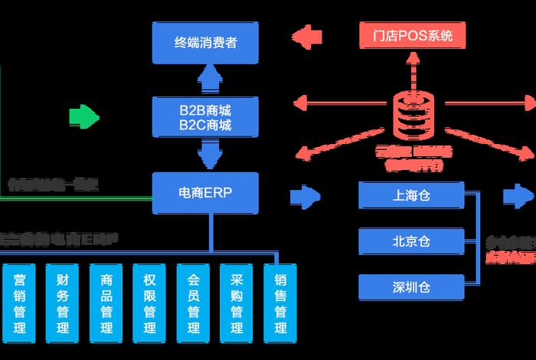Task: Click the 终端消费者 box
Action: [x=204, y=42]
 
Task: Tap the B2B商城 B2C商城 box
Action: [x=204, y=117]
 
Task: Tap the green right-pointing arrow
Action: [x=84, y=117]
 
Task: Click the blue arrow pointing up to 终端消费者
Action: [x=204, y=78]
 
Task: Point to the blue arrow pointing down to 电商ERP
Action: [x=204, y=155]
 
